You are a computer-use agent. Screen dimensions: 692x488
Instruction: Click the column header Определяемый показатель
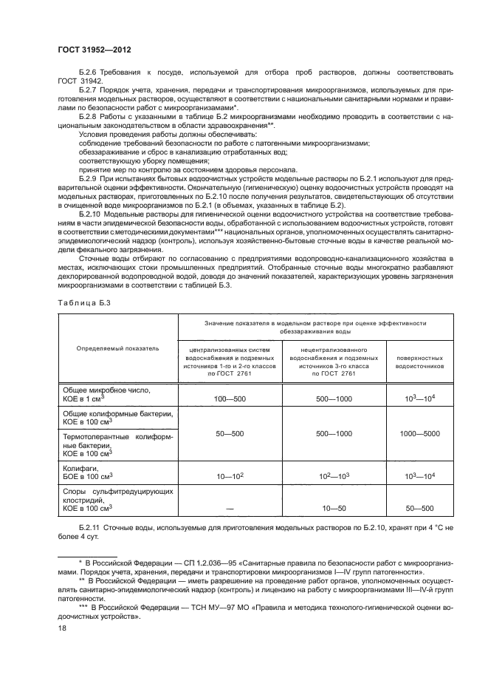(x=118, y=348)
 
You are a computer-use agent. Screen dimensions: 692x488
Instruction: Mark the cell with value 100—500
(x=229, y=398)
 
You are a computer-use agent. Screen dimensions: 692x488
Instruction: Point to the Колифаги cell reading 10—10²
(x=229, y=478)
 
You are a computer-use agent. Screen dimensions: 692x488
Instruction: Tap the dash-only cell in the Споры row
(x=229, y=509)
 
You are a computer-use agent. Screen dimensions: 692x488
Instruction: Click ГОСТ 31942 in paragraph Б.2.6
(x=76, y=81)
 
